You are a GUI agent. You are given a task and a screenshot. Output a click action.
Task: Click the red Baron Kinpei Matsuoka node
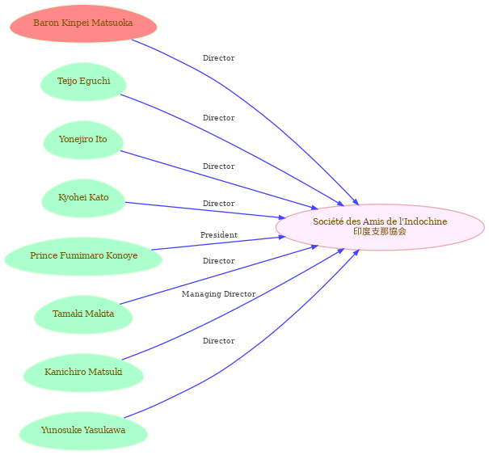click(x=83, y=23)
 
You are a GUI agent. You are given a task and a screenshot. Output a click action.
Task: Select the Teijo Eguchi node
click(x=83, y=82)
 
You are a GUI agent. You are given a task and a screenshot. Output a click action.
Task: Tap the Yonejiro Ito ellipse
click(x=83, y=140)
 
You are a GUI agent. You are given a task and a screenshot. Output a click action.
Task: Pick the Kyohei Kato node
click(x=83, y=198)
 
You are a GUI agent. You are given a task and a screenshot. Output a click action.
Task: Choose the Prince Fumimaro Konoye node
click(x=83, y=256)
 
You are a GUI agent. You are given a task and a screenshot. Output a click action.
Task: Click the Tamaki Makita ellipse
click(x=83, y=314)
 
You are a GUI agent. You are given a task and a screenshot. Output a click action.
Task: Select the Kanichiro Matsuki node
click(x=83, y=373)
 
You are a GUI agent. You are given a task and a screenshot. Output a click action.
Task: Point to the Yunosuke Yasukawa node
click(x=83, y=431)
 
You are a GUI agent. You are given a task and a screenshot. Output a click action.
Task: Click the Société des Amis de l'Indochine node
click(x=380, y=227)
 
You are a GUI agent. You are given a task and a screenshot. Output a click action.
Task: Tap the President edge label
click(x=218, y=235)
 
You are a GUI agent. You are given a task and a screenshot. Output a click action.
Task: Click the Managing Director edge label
click(x=218, y=293)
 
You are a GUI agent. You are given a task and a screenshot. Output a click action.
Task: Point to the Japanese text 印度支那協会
click(x=380, y=231)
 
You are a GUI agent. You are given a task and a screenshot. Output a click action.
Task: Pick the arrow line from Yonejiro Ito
click(x=219, y=180)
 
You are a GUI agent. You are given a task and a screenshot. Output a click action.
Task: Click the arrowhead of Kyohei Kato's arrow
click(x=282, y=217)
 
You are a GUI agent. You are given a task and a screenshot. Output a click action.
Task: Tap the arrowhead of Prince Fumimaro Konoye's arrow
click(x=282, y=238)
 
